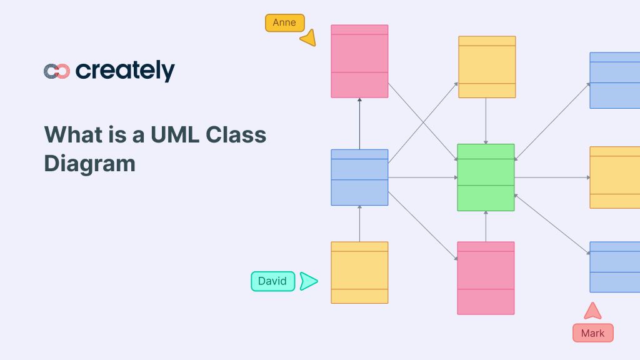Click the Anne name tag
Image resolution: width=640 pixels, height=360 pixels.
point(284,23)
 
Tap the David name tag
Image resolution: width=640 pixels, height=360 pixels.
point(272,281)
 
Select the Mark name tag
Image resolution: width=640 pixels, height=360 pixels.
point(592,333)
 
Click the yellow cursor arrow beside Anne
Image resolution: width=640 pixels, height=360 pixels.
point(309,39)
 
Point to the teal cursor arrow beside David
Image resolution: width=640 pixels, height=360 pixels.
point(308,281)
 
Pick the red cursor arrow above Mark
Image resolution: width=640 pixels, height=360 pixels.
point(592,311)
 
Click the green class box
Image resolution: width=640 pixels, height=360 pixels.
point(486,177)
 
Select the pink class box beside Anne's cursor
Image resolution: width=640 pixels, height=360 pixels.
point(359,61)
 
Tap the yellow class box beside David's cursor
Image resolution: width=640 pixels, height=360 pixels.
point(359,272)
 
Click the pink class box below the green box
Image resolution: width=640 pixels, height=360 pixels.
point(486,278)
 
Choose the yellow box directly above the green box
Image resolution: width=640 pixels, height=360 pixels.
point(487,67)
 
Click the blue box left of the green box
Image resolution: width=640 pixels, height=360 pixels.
point(359,177)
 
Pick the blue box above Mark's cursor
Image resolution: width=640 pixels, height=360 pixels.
point(615,267)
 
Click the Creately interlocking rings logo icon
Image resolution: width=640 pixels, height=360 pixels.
point(56,71)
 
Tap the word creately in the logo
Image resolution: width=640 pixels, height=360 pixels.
point(125,71)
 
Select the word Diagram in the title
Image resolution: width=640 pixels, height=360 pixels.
point(89,164)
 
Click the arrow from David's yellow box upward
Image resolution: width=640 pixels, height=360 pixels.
point(359,224)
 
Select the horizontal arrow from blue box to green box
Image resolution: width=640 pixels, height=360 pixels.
point(422,177)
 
